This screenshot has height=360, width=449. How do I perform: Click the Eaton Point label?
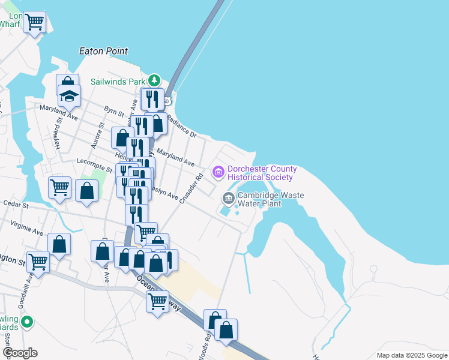point(103,51)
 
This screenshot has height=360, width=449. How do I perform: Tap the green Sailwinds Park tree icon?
point(155,80)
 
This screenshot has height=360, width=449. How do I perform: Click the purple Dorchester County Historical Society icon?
point(218,173)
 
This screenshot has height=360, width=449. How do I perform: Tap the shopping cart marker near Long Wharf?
point(34,22)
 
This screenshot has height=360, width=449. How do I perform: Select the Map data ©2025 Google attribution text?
point(412,355)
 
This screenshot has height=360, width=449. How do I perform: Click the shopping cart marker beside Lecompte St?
point(59,188)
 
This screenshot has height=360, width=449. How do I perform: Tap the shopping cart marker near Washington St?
point(38,261)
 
